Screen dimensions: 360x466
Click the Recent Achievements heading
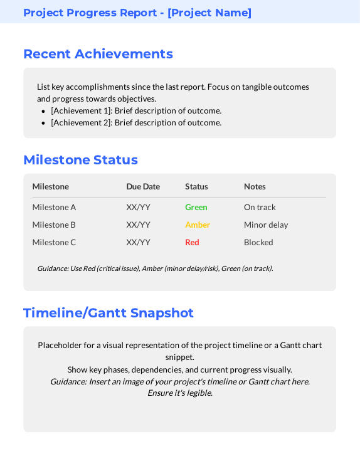[x=98, y=54]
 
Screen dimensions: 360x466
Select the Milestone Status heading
[x=80, y=160]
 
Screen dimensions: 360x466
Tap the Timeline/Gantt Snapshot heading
[x=109, y=313]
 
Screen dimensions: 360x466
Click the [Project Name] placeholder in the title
[x=209, y=13]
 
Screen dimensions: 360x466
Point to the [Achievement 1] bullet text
[x=136, y=111]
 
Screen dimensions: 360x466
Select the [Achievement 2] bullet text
[x=136, y=123]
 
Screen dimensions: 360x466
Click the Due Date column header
[x=143, y=186]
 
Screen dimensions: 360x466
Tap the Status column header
[x=196, y=186]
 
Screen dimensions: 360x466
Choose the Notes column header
[x=255, y=186]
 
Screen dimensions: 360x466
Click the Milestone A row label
[x=54, y=208]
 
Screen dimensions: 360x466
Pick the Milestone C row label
[x=54, y=243]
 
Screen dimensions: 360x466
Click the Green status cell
[x=196, y=208]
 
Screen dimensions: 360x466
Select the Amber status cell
[x=198, y=225]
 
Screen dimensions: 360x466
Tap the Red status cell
[x=192, y=243]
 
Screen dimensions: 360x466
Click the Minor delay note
[x=266, y=225]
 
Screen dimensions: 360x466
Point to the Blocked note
[x=258, y=243]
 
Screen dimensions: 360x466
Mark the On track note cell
[x=260, y=208]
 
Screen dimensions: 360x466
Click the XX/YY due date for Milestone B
[x=138, y=225]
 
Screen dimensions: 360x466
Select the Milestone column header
[x=50, y=186]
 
